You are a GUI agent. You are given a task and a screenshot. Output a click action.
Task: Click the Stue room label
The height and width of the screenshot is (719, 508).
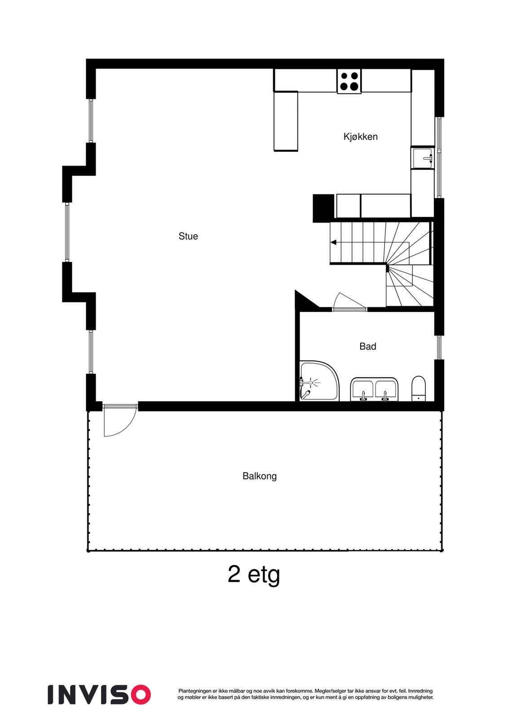click(188, 236)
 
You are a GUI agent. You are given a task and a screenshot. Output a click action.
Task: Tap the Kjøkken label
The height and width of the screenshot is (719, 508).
click(360, 137)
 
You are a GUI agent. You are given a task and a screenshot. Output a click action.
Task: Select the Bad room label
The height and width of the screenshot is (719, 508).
click(367, 346)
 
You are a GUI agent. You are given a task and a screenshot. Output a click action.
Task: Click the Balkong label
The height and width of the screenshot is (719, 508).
click(259, 476)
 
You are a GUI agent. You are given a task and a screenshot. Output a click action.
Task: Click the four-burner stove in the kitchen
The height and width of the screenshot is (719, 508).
click(349, 82)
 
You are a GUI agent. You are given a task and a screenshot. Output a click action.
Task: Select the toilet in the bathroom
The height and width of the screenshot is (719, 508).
click(418, 388)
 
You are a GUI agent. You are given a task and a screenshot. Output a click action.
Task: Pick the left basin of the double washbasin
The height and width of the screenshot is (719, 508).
click(363, 389)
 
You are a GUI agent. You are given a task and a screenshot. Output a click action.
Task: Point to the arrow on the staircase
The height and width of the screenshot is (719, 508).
click(334, 243)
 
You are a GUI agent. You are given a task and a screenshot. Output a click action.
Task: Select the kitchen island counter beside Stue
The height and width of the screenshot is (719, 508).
click(286, 121)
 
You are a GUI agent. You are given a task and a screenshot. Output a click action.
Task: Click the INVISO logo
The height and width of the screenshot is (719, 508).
click(99, 694)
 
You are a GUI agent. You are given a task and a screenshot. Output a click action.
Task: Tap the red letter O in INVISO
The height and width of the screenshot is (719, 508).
click(140, 694)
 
